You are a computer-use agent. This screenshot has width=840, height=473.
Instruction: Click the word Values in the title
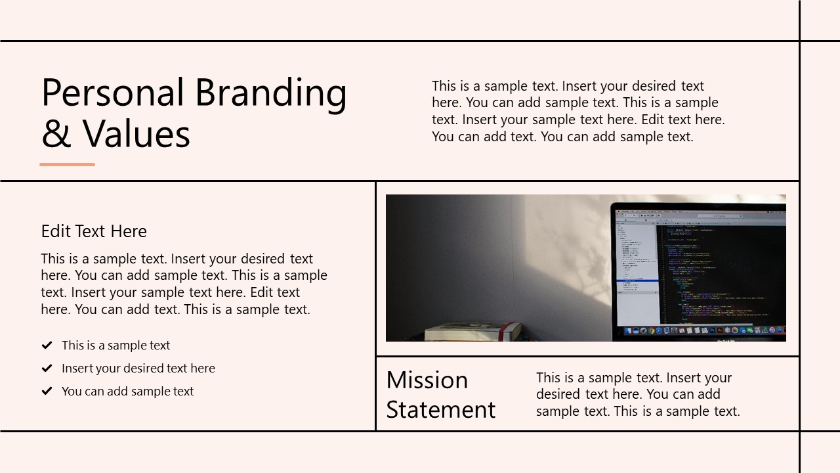(x=136, y=134)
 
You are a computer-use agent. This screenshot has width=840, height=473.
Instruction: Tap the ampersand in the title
(x=56, y=134)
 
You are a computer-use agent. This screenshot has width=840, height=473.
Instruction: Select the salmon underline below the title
(x=67, y=164)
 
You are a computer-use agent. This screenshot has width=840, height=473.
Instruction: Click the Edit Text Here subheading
(x=94, y=231)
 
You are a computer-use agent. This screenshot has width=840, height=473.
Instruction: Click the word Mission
(x=427, y=380)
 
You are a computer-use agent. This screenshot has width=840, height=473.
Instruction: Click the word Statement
(x=440, y=410)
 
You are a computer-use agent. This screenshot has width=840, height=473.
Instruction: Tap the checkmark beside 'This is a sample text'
(x=47, y=346)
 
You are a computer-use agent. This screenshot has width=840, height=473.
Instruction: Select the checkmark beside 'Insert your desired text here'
(x=47, y=369)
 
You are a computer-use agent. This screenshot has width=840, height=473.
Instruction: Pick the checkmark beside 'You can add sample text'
(x=47, y=392)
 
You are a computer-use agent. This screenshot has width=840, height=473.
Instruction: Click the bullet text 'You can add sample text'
(x=127, y=392)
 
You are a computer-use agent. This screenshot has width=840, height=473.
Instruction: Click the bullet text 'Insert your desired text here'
(x=138, y=369)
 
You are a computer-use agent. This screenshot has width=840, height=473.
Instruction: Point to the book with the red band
(x=472, y=331)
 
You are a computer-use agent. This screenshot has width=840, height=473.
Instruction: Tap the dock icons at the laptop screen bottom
(x=702, y=330)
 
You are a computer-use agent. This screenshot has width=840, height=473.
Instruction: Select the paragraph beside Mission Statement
(x=637, y=394)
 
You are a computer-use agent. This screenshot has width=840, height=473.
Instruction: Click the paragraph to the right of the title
(x=578, y=111)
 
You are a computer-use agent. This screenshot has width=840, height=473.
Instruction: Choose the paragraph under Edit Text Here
(x=184, y=284)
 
